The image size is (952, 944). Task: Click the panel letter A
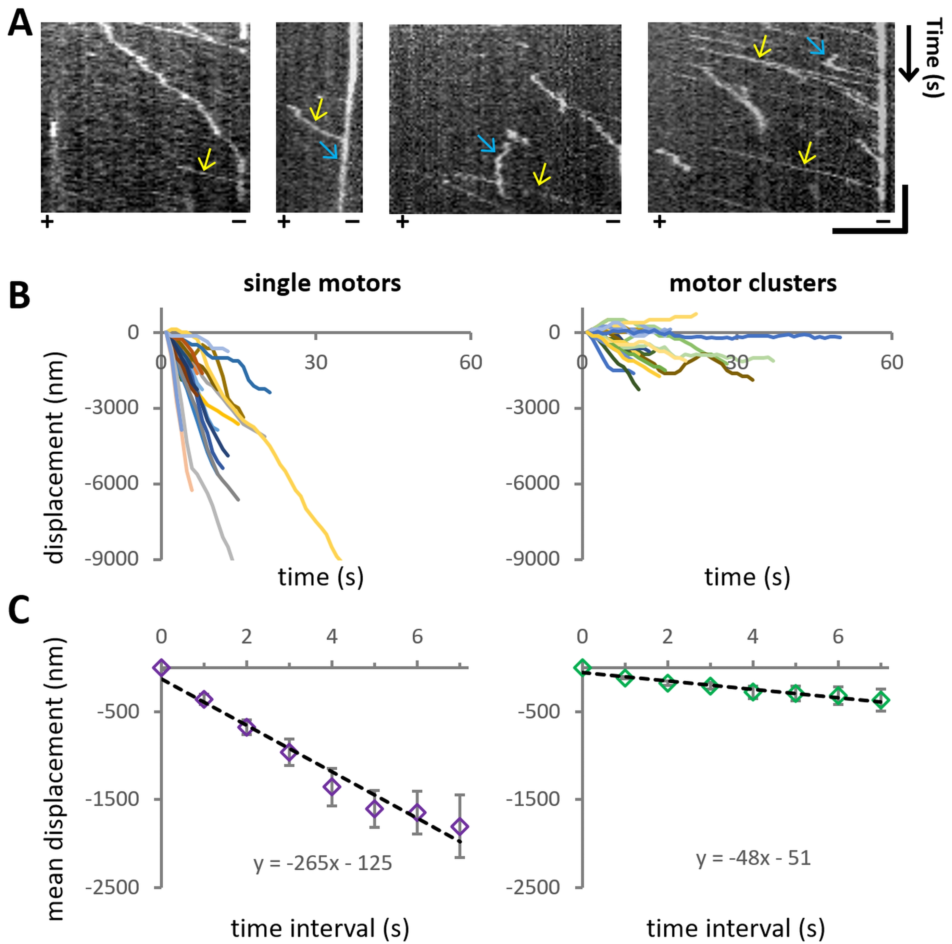tap(20, 24)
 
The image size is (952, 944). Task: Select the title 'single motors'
tap(322, 283)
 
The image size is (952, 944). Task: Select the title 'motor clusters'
tap(752, 283)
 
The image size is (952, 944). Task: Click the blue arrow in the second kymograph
tap(329, 150)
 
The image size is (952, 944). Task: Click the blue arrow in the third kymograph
tap(487, 144)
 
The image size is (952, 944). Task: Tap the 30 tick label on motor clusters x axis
tap(736, 363)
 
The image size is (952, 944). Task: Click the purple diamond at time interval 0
tap(161, 668)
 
